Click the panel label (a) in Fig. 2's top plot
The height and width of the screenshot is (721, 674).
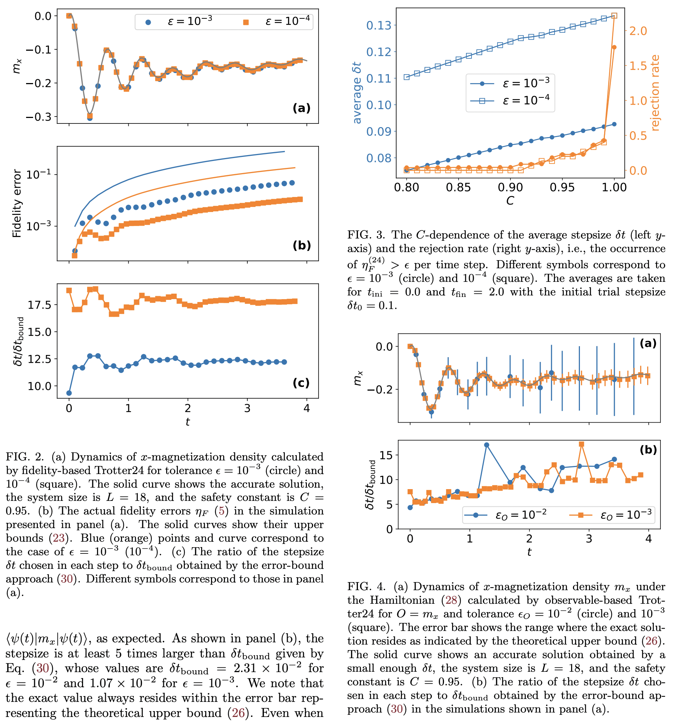(301, 108)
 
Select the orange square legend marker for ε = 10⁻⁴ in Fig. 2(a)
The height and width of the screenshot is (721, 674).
(246, 22)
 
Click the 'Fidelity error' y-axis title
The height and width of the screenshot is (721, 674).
(17, 203)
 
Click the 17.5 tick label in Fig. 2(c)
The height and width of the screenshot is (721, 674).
(40, 305)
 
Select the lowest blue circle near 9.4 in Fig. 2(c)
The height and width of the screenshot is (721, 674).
(69, 393)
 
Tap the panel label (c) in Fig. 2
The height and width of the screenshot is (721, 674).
(301, 383)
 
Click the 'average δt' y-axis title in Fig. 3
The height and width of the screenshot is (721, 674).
(357, 93)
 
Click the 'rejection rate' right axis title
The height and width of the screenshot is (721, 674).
(655, 93)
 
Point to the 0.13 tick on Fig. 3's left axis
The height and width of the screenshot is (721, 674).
(379, 25)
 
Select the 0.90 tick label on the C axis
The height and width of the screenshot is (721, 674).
(510, 187)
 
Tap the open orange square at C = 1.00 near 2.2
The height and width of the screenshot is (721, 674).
(614, 16)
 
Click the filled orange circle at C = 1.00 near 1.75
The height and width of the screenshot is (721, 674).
(614, 47)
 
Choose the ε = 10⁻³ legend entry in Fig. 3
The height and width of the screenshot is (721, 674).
(511, 83)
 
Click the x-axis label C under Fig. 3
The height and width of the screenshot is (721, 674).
(510, 201)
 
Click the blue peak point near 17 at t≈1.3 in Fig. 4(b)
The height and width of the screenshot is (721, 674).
(487, 445)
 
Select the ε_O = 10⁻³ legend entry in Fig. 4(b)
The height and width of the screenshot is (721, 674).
(610, 515)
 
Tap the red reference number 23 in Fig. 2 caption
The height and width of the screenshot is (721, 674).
(58, 538)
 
